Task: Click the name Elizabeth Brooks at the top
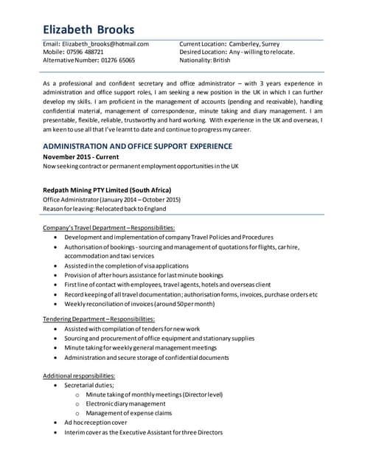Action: click(88, 29)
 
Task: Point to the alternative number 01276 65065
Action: click(118, 60)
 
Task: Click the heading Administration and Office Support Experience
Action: click(138, 147)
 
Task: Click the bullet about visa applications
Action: click(126, 265)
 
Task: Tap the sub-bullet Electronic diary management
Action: click(125, 403)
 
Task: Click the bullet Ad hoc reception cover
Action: click(95, 423)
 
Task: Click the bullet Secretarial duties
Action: click(89, 385)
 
